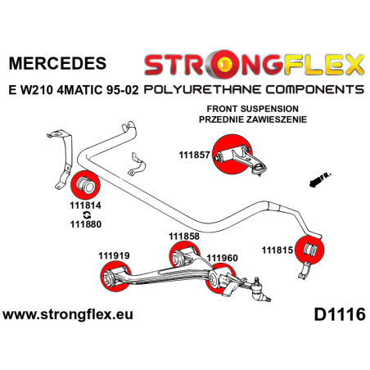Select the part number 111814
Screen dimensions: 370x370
[85, 209]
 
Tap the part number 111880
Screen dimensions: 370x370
[85, 232]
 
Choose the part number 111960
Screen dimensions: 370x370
[222, 257]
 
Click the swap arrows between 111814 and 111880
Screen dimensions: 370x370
[85, 220]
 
